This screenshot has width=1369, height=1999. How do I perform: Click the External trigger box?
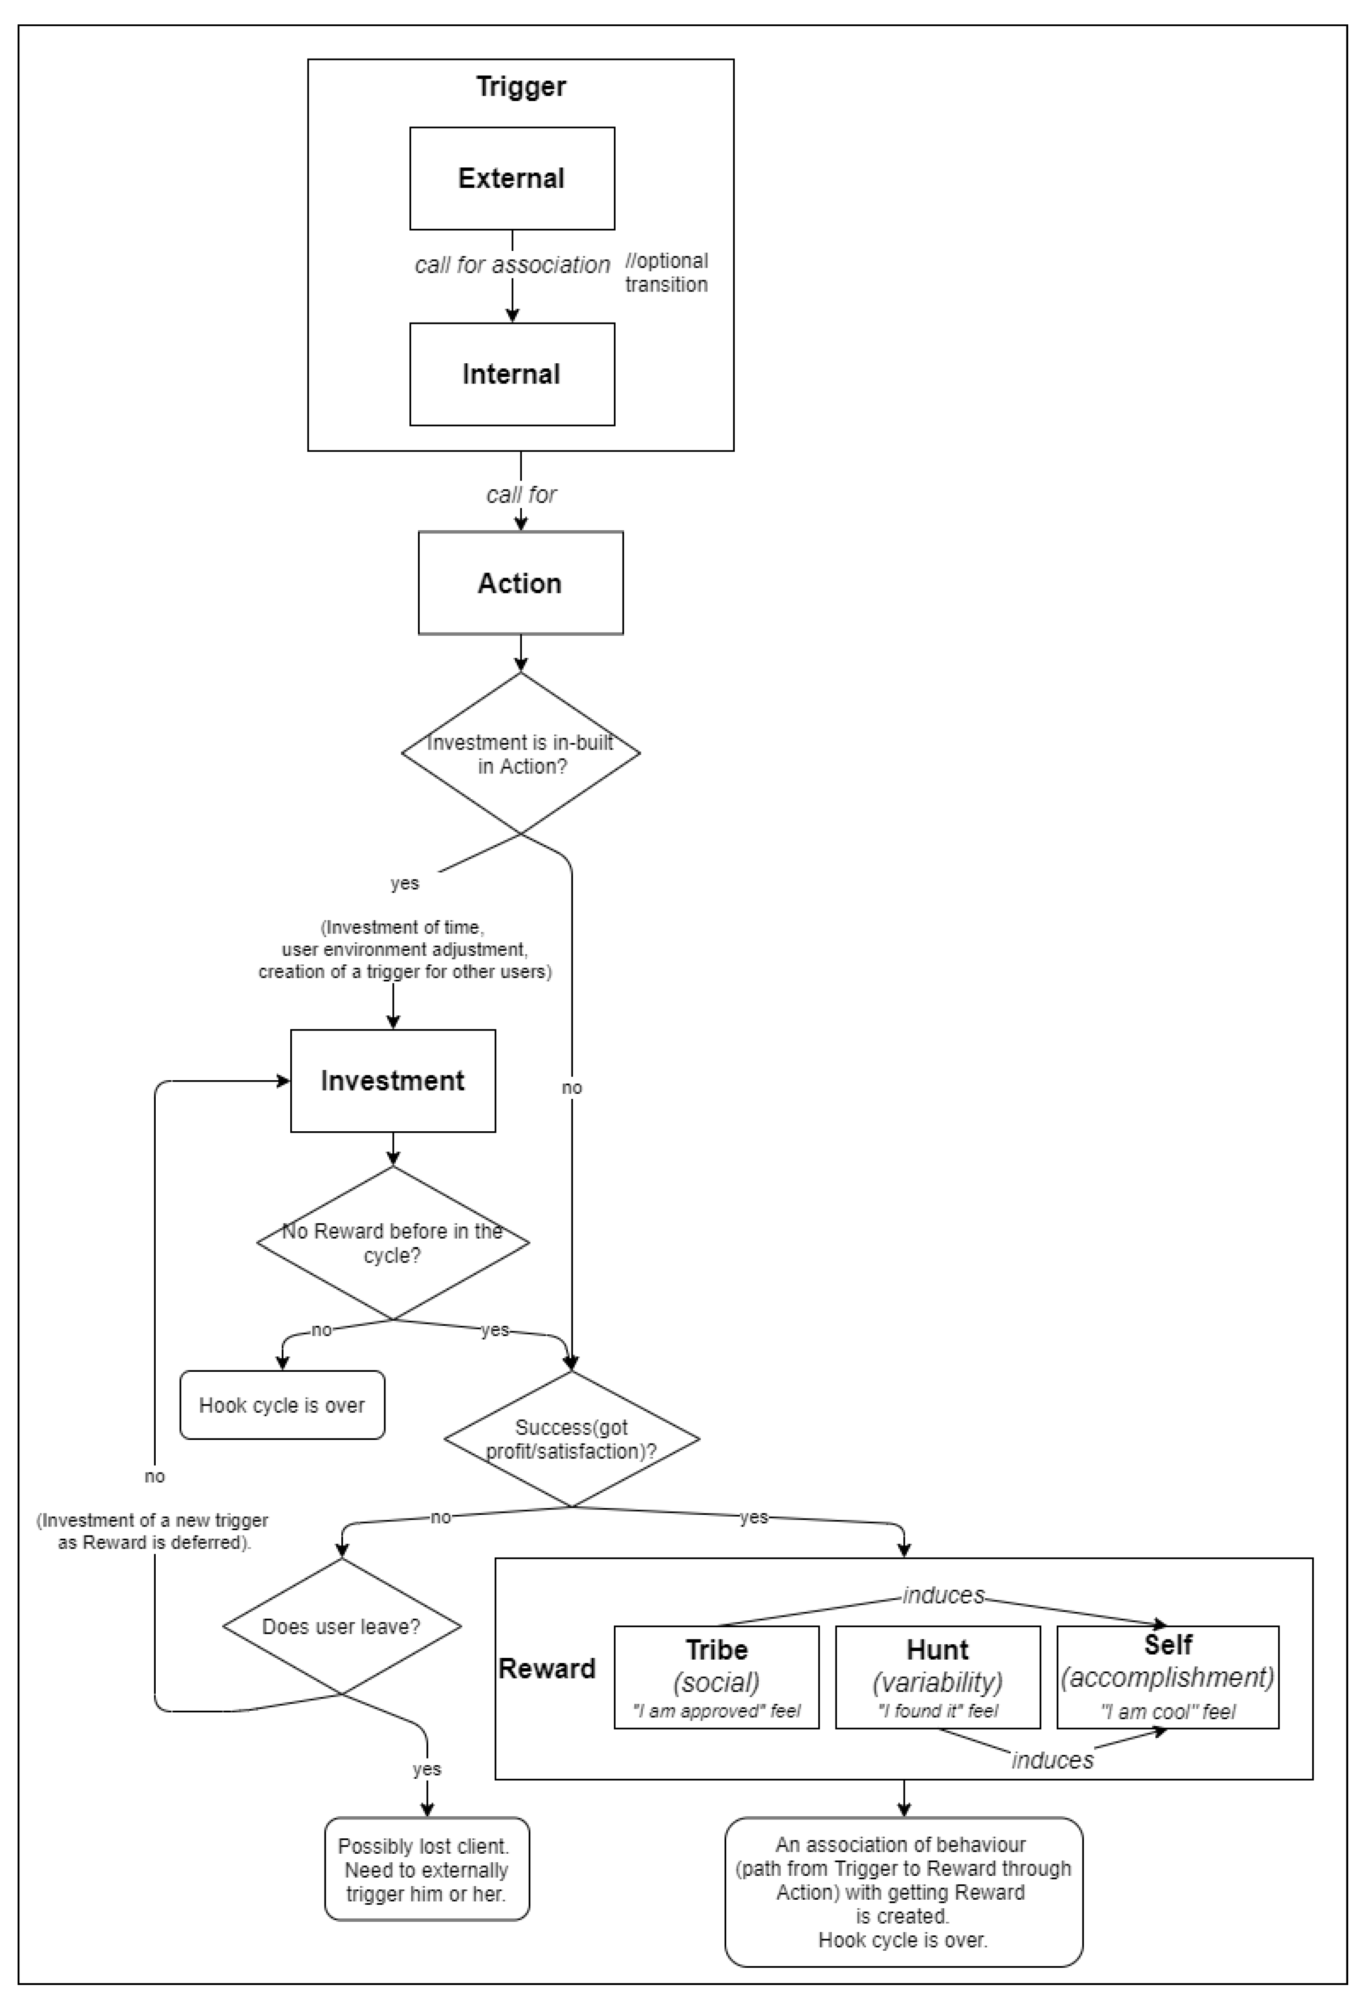pyautogui.click(x=512, y=178)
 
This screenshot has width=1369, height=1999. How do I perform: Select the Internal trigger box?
pyautogui.click(x=512, y=374)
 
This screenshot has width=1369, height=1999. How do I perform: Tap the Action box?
pyautogui.click(x=520, y=583)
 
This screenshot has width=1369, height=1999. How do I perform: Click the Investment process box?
pyautogui.click(x=393, y=1080)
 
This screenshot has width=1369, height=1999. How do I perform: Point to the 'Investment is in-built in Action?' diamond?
pyautogui.click(x=520, y=754)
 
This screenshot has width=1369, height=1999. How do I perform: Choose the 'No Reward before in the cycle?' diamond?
pyautogui.click(x=393, y=1242)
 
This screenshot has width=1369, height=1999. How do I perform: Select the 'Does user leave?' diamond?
pyautogui.click(x=342, y=1627)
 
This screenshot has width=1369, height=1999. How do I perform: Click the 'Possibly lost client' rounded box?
pyautogui.click(x=427, y=1869)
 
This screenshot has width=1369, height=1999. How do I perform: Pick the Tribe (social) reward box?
pyautogui.click(x=717, y=1677)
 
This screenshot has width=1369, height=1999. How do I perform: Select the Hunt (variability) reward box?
pyautogui.click(x=938, y=1677)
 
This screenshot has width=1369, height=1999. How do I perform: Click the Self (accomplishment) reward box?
pyautogui.click(x=1168, y=1677)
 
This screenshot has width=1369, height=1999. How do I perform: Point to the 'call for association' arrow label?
pyautogui.click(x=513, y=265)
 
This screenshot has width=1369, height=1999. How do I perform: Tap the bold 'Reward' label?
pyautogui.click(x=547, y=1669)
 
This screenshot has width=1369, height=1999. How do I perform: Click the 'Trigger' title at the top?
pyautogui.click(x=520, y=86)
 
